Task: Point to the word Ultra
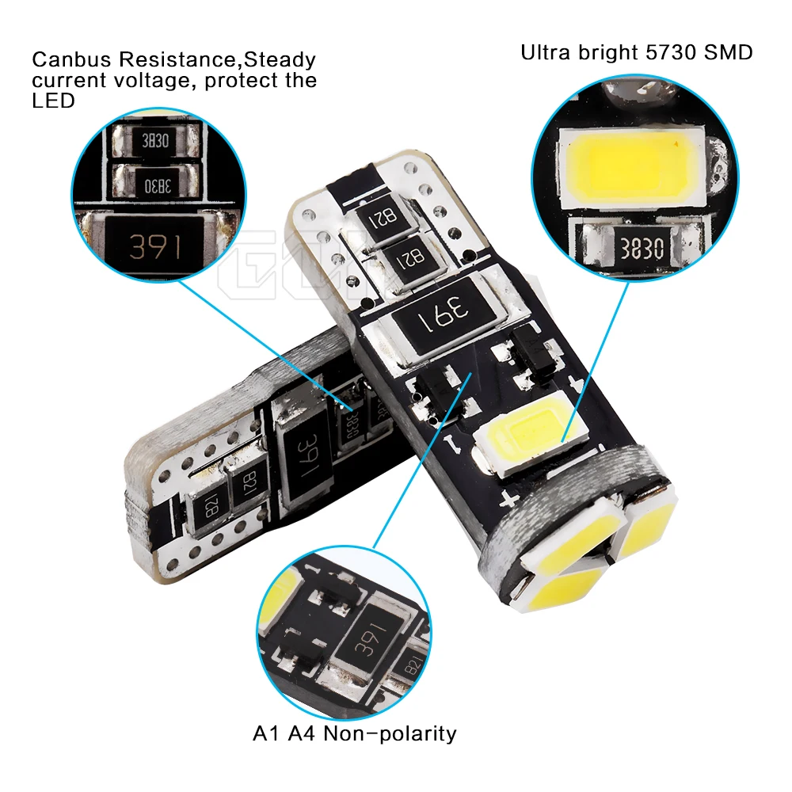coord(546,53)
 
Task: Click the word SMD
coord(729,53)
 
